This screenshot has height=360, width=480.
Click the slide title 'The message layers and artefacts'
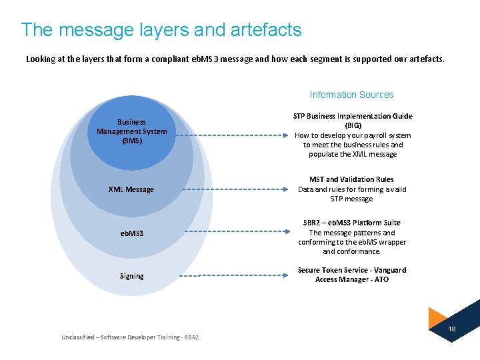point(161,30)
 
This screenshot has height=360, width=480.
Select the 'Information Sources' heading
point(351,95)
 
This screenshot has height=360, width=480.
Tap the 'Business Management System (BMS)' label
point(132,131)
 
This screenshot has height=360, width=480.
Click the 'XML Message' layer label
point(131,189)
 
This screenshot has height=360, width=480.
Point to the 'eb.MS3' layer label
point(131,233)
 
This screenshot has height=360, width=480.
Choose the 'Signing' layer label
point(131,276)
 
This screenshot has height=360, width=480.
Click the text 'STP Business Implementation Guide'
point(353,116)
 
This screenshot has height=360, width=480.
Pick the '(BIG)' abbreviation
point(353,125)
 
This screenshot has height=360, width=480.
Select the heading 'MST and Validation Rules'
point(351,179)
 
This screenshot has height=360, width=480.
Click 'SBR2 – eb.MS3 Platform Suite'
point(351,223)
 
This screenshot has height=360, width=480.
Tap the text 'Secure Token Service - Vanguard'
point(351,270)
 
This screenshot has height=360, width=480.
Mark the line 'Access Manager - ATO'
point(351,279)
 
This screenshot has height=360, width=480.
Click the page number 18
point(451,329)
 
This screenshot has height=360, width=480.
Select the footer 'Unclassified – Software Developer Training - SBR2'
point(130,337)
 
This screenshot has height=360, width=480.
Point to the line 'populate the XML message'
point(353,154)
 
